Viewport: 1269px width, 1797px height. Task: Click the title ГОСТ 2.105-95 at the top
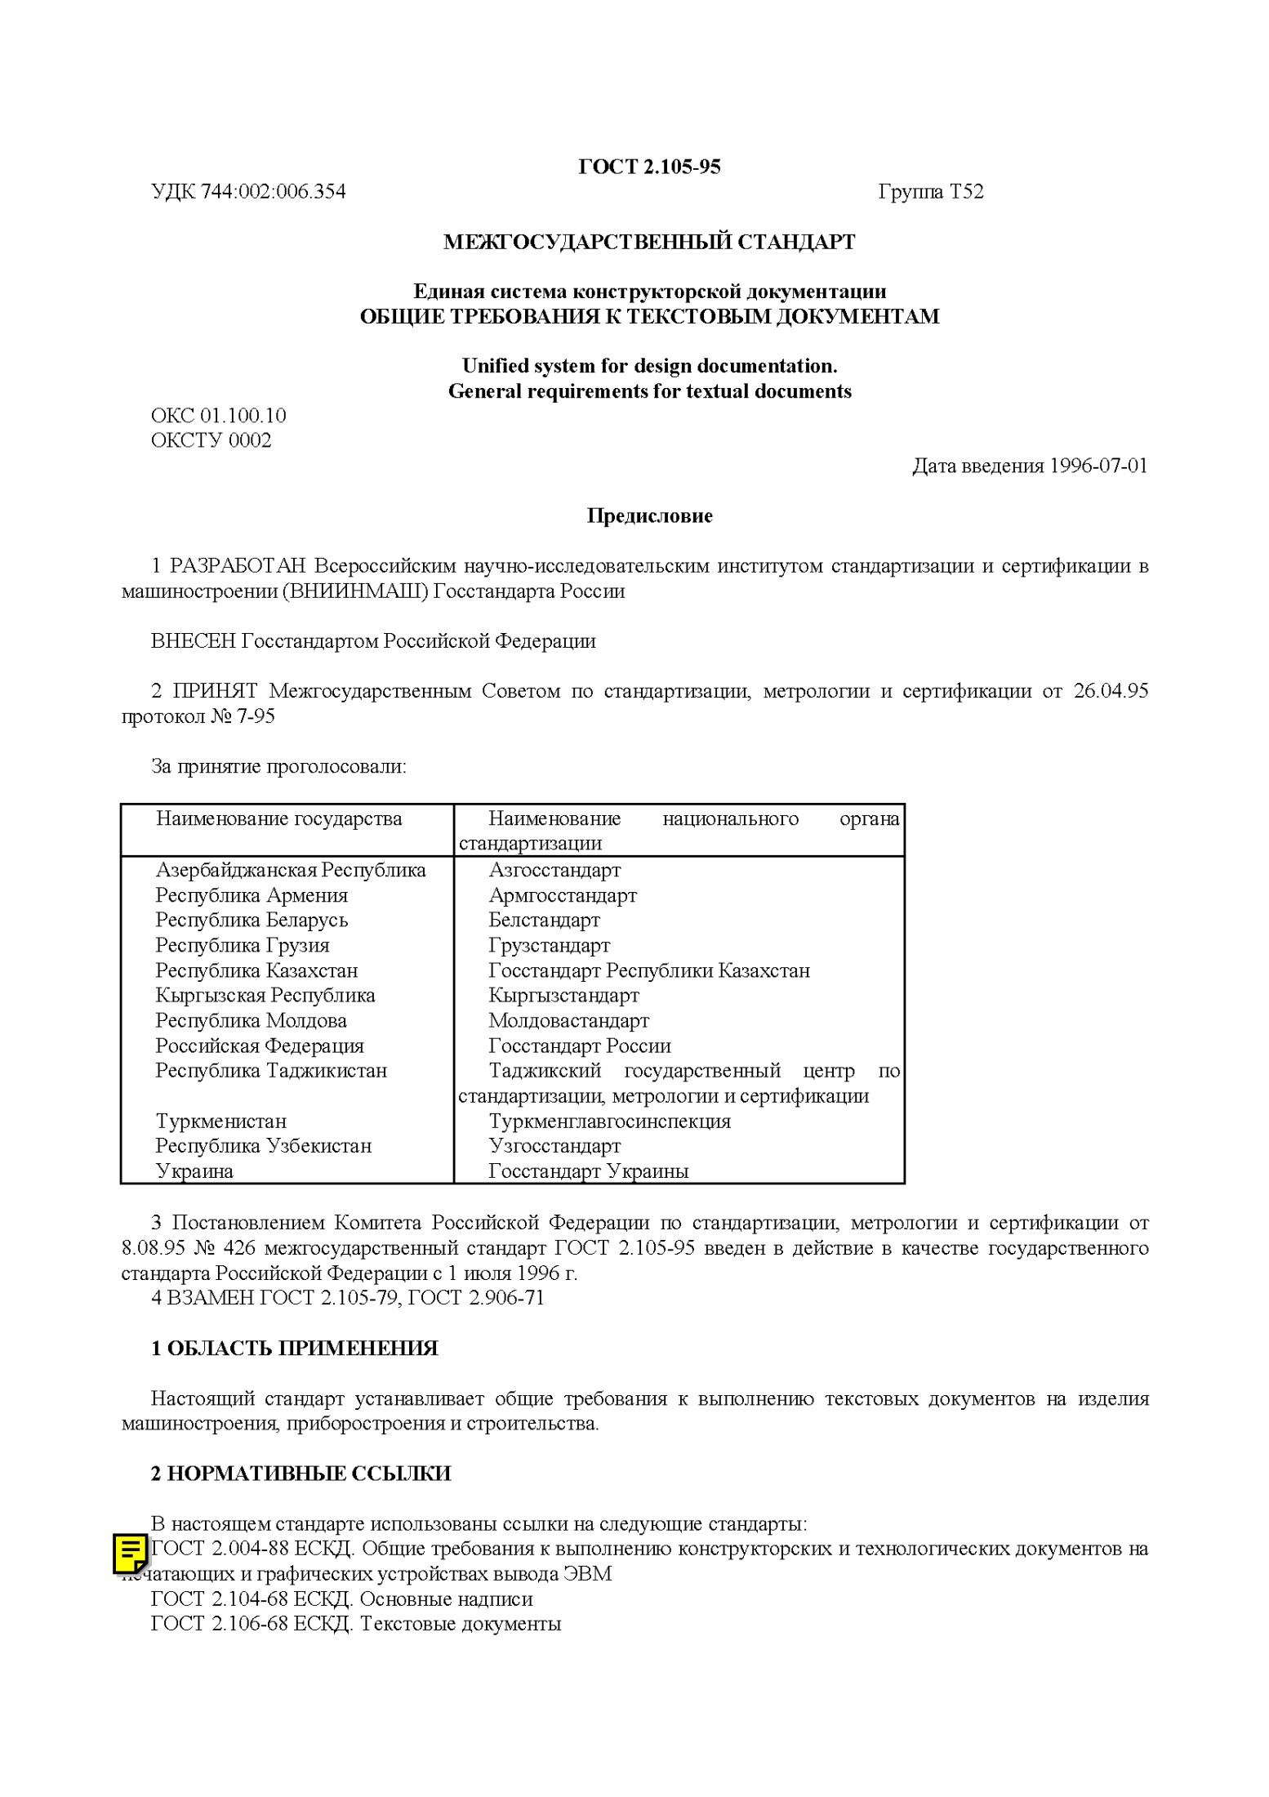tap(649, 167)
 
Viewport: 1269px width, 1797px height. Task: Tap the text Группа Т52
tap(930, 192)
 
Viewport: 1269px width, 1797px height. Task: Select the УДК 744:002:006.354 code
tap(248, 192)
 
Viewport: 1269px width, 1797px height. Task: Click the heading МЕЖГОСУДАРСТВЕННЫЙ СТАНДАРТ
tap(649, 242)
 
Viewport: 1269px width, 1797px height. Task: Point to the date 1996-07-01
tap(1098, 466)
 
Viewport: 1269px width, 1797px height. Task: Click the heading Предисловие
tap(649, 515)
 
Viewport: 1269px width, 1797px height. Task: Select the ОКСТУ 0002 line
tap(211, 440)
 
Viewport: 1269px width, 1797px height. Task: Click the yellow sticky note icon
tap(130, 1554)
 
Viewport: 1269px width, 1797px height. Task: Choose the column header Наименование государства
tap(278, 818)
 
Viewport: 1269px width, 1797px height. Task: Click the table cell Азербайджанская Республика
tap(290, 870)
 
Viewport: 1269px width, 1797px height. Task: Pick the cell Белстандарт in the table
tap(544, 920)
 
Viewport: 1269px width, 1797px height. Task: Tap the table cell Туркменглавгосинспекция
tap(609, 1121)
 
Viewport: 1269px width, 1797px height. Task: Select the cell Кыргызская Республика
tap(265, 995)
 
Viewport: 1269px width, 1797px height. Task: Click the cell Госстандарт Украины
tap(588, 1171)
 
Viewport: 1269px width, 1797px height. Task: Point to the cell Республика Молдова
tap(251, 1020)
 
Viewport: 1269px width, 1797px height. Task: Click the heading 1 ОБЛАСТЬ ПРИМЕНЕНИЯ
tap(294, 1349)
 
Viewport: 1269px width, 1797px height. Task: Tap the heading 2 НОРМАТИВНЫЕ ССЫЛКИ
tap(301, 1474)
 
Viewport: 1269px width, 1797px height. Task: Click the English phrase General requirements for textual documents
tap(649, 391)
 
